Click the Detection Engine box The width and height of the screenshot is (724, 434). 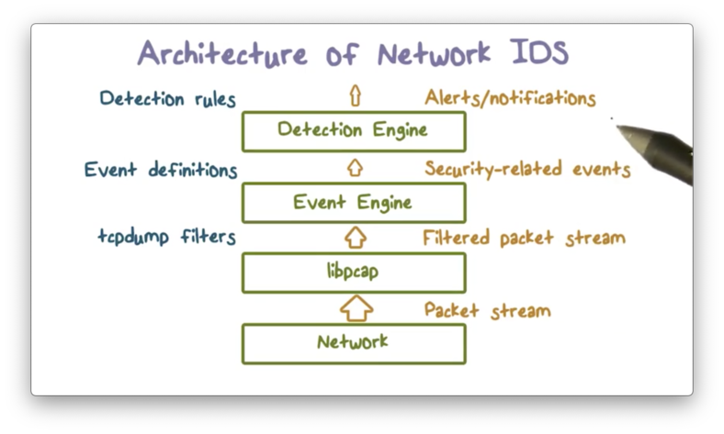(x=354, y=131)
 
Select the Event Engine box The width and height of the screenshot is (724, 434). (x=354, y=203)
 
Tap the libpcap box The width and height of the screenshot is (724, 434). (x=354, y=273)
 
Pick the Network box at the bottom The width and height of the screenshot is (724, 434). (x=354, y=343)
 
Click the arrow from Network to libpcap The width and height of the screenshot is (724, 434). (x=356, y=307)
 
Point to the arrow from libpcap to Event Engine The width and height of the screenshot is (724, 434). (x=355, y=238)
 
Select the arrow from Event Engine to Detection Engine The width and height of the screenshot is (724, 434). (x=355, y=168)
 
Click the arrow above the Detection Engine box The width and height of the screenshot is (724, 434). (x=355, y=95)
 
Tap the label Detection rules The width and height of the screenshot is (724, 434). (x=167, y=98)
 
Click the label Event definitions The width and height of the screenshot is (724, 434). (x=161, y=170)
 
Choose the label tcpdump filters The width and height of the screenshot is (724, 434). (x=166, y=238)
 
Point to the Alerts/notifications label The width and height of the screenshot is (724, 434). (x=510, y=98)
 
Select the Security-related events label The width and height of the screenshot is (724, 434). (x=527, y=169)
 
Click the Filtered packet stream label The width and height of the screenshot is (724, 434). (x=524, y=239)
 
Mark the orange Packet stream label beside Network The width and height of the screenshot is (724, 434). (x=487, y=310)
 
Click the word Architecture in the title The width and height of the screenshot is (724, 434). (x=221, y=53)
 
